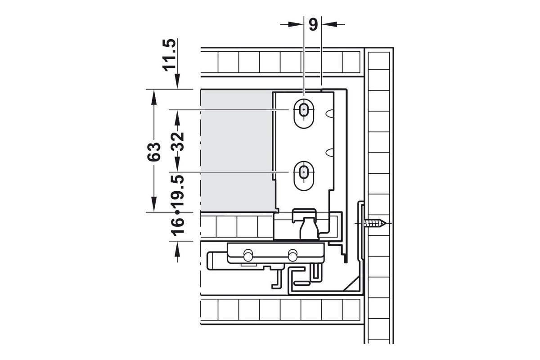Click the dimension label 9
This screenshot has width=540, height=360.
313,24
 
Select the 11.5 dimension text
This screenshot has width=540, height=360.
170,55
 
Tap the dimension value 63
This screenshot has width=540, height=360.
154,152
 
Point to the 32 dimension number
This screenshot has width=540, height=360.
177,142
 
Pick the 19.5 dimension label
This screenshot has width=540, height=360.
177,191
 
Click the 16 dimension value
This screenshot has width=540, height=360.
177,226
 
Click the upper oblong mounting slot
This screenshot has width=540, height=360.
304,113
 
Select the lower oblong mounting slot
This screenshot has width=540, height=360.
304,176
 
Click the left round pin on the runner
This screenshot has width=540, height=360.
248,255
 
